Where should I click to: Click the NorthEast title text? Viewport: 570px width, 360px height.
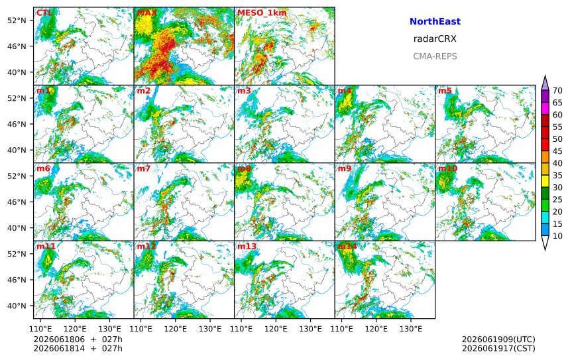click(435, 21)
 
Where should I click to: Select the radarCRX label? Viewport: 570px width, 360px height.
click(435, 39)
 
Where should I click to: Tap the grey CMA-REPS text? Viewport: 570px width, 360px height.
click(435, 56)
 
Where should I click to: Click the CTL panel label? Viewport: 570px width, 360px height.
click(44, 13)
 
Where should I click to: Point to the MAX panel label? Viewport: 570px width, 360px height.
click(146, 13)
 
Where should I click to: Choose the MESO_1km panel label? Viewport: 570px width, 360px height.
click(262, 13)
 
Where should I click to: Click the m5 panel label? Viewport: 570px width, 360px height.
click(445, 91)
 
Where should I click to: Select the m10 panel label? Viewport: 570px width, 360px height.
click(447, 168)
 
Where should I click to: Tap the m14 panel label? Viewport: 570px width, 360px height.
click(347, 246)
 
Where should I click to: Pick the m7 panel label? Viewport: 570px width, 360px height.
click(143, 168)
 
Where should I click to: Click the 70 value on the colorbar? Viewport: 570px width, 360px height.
click(557, 91)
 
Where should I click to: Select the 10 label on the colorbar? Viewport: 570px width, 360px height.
click(557, 236)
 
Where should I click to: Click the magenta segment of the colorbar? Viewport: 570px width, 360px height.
click(545, 109)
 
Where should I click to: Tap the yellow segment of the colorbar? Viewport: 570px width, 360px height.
click(545, 182)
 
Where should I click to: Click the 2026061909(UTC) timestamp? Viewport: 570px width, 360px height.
click(498, 339)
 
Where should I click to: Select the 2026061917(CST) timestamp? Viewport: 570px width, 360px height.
click(498, 348)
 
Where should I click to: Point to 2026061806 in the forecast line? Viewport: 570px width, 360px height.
click(59, 339)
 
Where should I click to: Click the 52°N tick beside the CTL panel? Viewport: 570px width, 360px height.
click(17, 20)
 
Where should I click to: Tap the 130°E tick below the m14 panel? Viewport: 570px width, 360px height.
click(411, 329)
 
